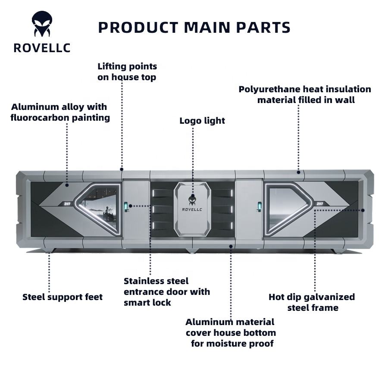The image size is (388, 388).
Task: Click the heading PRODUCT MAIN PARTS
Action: pos(194,28)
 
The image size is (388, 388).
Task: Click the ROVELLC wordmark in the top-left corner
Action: pos(42,48)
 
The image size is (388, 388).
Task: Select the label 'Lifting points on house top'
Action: pos(127,72)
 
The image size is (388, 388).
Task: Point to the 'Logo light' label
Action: pos(202,121)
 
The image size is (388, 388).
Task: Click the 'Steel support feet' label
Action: pos(63,297)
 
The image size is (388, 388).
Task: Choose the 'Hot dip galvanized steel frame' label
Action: pos(312,302)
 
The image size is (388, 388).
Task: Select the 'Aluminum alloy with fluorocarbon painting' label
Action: pos(60,112)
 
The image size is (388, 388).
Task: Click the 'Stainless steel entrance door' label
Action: pos(167,292)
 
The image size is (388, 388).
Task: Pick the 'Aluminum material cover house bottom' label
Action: pos(231,333)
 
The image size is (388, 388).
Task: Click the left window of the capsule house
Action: pos(98,209)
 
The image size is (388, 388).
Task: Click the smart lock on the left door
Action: pos(126,207)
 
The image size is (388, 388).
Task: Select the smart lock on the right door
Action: pos(260,207)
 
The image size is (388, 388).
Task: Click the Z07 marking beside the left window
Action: pos(67,204)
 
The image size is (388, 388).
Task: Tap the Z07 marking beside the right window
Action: pos(319,204)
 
